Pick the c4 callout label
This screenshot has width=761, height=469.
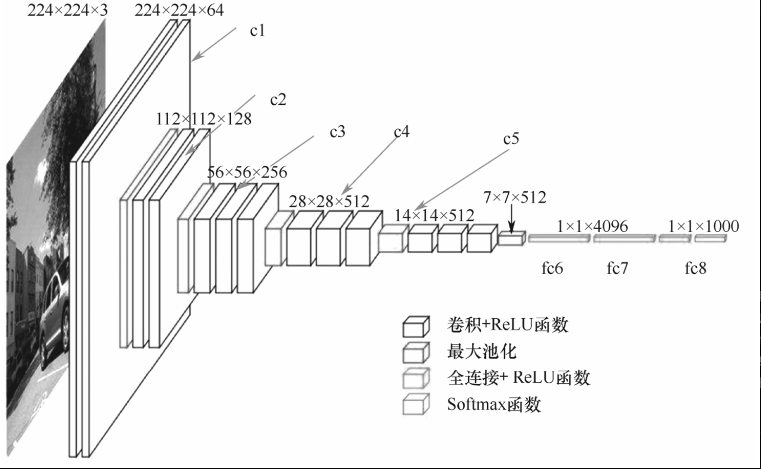coord(401,133)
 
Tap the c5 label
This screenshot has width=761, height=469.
coord(511,139)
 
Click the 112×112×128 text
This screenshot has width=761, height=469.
coord(204,119)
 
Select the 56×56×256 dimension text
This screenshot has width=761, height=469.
coord(247,173)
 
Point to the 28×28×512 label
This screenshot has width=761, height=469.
coord(330,201)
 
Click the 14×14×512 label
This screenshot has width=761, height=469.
coord(434,215)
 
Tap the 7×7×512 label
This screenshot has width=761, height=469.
coord(514,197)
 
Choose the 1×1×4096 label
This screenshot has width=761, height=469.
coord(592,226)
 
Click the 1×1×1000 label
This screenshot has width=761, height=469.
coord(703,226)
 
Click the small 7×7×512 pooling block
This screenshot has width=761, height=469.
coord(511,239)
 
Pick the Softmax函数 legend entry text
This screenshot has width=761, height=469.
coord(494,405)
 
